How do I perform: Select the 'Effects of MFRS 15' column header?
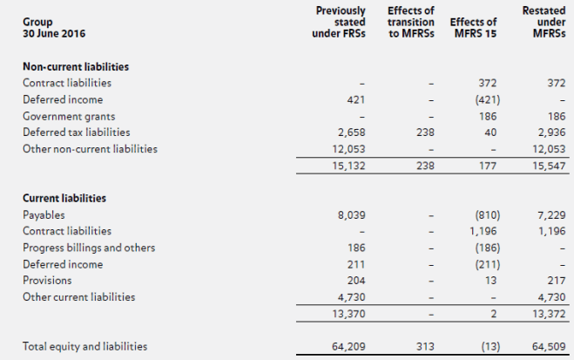(x=474, y=28)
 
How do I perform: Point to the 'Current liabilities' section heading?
(x=64, y=198)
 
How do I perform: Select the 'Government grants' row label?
(x=69, y=116)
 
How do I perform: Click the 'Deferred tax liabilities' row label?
(x=77, y=132)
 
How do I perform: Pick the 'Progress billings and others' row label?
(x=89, y=248)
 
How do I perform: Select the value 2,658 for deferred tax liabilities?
(x=348, y=132)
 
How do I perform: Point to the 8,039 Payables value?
(x=348, y=214)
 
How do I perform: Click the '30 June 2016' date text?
(x=54, y=34)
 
